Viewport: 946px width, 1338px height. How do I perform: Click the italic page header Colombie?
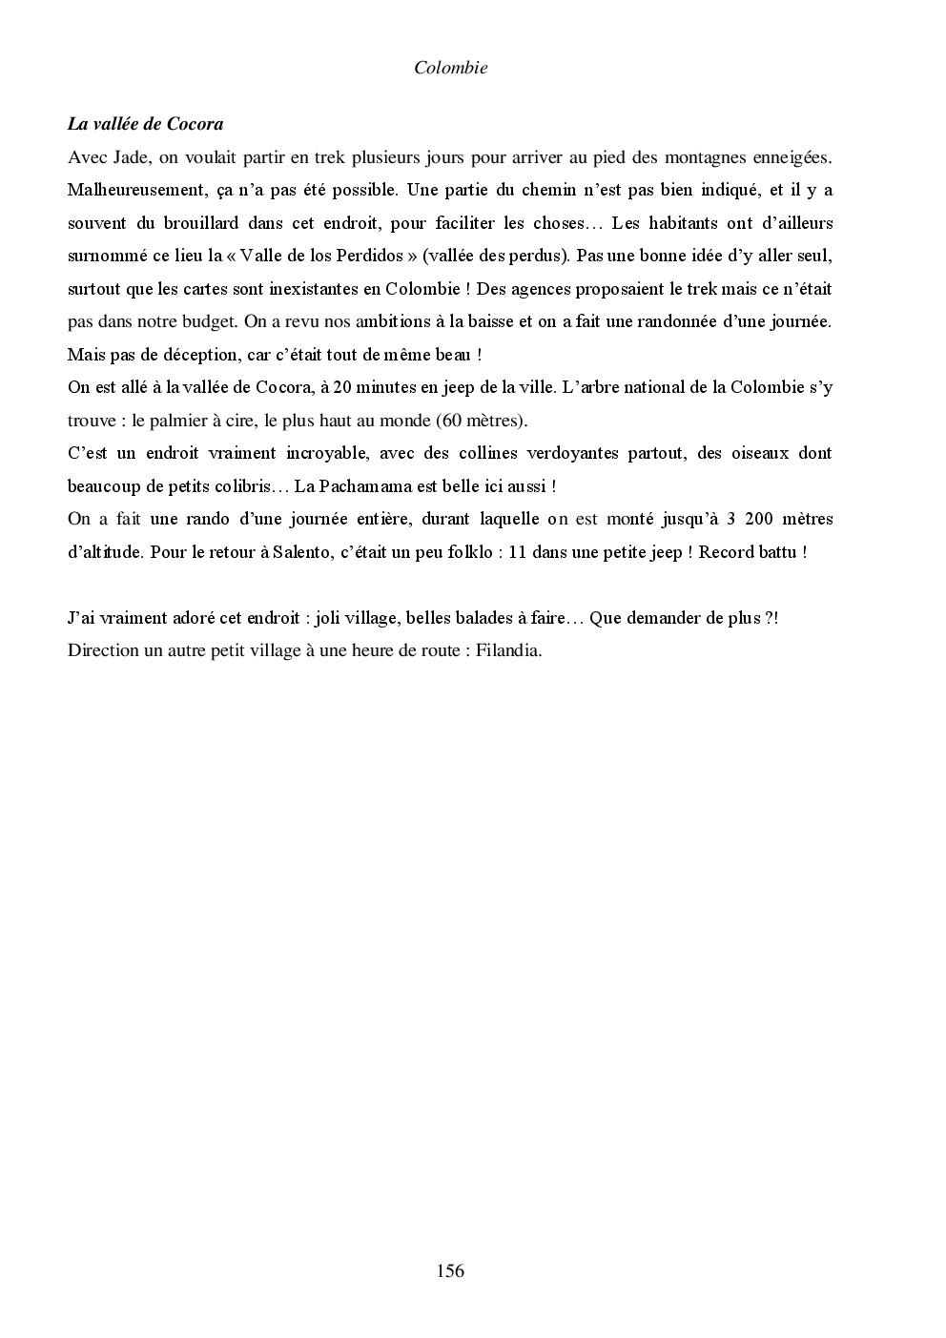(451, 68)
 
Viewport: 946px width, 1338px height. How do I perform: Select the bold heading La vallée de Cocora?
(145, 124)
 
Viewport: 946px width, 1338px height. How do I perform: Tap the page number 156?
(450, 1270)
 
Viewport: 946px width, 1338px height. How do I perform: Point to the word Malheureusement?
(129, 190)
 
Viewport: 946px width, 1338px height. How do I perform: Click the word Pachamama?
(367, 486)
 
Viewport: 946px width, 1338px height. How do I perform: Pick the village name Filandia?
(508, 651)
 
